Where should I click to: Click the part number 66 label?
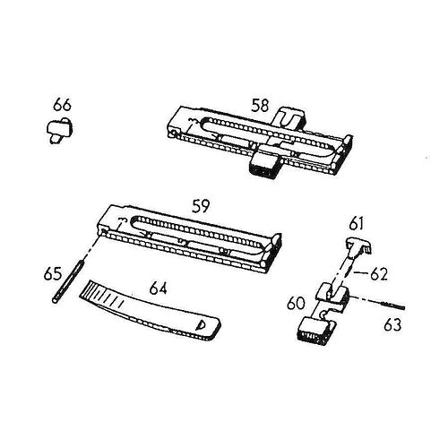63,105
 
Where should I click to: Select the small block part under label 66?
60,130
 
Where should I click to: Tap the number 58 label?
260,106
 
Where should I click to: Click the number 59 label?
201,206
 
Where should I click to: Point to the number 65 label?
53,274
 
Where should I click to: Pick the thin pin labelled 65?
68,281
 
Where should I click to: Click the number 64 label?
159,289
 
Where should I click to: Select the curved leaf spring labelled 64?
150,311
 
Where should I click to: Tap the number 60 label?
296,303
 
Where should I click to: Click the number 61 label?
357,224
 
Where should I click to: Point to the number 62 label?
379,274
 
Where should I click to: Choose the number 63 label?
392,325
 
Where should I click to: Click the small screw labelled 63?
392,306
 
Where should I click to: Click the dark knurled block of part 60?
313,332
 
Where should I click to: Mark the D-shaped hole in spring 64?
199,324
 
